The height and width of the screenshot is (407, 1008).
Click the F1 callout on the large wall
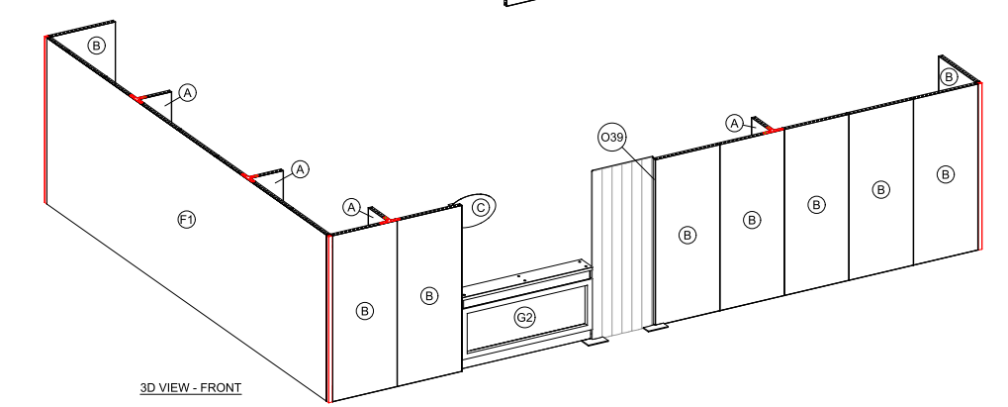pyautogui.click(x=186, y=220)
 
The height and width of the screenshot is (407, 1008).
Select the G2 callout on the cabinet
pyautogui.click(x=525, y=318)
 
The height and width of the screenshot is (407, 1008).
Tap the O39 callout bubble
pyautogui.click(x=612, y=138)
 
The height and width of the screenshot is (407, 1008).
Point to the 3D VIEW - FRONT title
pyautogui.click(x=191, y=387)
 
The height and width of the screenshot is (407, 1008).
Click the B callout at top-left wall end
pyautogui.click(x=96, y=46)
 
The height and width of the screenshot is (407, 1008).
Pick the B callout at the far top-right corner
pyautogui.click(x=949, y=77)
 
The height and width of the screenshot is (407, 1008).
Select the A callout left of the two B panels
pyautogui.click(x=351, y=207)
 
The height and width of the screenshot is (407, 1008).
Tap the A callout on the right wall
pyautogui.click(x=735, y=123)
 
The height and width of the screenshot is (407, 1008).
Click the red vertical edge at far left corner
pyautogui.click(x=46, y=120)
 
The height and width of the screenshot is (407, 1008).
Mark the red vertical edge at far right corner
pyautogui.click(x=979, y=166)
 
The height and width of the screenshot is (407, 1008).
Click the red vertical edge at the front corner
pyautogui.click(x=329, y=318)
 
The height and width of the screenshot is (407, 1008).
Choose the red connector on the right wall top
pyautogui.click(x=774, y=131)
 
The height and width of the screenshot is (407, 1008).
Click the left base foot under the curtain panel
pyautogui.click(x=596, y=342)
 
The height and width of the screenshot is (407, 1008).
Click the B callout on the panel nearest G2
pyautogui.click(x=429, y=295)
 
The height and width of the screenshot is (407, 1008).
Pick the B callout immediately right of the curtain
pyautogui.click(x=687, y=236)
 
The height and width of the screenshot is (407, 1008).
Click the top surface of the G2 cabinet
pyautogui.click(x=527, y=275)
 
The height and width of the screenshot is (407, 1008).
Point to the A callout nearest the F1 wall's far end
pyautogui.click(x=187, y=93)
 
